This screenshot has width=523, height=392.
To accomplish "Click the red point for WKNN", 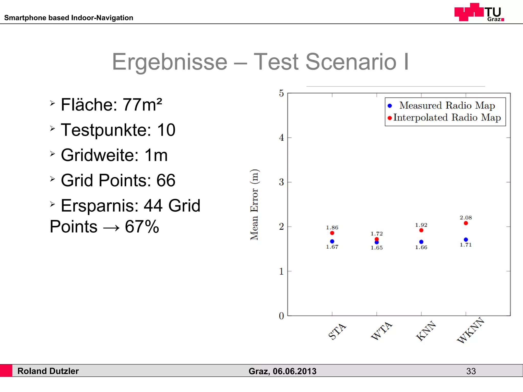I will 466,223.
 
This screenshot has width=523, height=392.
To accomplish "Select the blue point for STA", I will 332,241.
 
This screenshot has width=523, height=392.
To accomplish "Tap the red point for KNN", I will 421,230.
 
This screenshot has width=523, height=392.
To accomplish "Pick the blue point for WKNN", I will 466,240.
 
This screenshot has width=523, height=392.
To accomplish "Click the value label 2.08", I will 466,218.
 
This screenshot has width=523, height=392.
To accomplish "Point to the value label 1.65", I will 377,248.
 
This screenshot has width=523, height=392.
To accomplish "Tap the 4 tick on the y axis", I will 281,138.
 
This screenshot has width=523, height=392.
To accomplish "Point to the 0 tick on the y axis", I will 281,316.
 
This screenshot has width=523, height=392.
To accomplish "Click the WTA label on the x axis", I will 382,331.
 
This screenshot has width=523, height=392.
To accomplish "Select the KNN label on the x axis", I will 426,331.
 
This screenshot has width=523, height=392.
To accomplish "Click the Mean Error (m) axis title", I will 254,205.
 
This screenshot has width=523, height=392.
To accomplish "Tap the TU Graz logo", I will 479,12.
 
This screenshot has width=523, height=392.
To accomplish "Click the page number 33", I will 471,371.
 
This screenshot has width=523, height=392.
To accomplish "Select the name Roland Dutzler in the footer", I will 48,371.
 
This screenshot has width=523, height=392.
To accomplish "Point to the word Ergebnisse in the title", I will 170,62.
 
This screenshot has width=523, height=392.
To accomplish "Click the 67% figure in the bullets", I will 142,227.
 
